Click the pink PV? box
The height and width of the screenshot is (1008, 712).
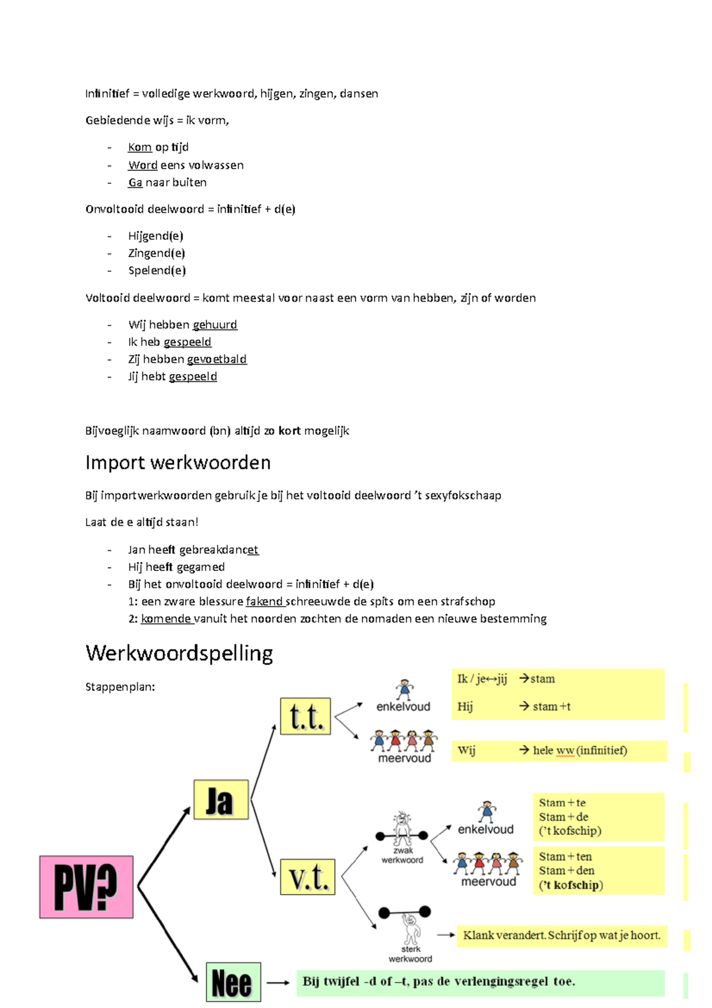[x=86, y=887]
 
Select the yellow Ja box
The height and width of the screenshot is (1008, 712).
[x=221, y=800]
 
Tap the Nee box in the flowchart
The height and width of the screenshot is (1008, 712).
[x=233, y=982]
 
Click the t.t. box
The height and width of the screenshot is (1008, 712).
[x=305, y=717]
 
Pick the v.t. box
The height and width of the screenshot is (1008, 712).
[x=307, y=877]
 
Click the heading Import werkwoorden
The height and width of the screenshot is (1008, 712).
[x=177, y=462]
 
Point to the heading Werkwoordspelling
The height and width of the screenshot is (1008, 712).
[x=179, y=653]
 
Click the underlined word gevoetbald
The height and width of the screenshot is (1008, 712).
[x=217, y=359]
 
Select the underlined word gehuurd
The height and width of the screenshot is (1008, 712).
[x=215, y=325]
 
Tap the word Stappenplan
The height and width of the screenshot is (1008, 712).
[x=120, y=687]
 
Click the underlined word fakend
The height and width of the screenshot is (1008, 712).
[x=265, y=601]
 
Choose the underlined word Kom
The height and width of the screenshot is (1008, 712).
[x=139, y=147]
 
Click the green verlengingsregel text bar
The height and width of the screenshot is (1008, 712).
[x=480, y=982]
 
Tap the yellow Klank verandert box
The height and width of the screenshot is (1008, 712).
[x=561, y=936]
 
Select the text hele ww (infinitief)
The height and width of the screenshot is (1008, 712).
[x=580, y=750]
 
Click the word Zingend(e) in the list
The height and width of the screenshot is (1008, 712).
[x=157, y=253]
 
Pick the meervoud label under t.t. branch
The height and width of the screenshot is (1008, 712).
[x=405, y=758]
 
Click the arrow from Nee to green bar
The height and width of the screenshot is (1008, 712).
[x=278, y=982]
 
